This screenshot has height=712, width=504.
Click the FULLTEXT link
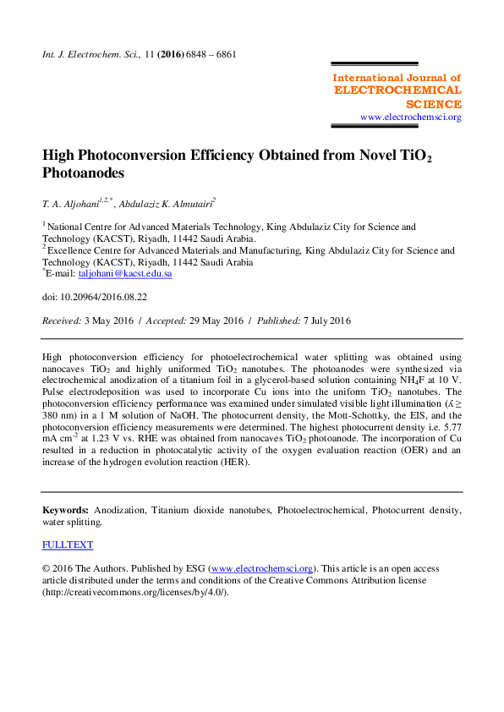68,545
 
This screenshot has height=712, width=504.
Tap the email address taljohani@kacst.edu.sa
125,274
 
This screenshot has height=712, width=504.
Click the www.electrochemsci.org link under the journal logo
411,118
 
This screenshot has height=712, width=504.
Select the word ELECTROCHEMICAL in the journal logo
397,90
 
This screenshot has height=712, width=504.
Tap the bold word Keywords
65,512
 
